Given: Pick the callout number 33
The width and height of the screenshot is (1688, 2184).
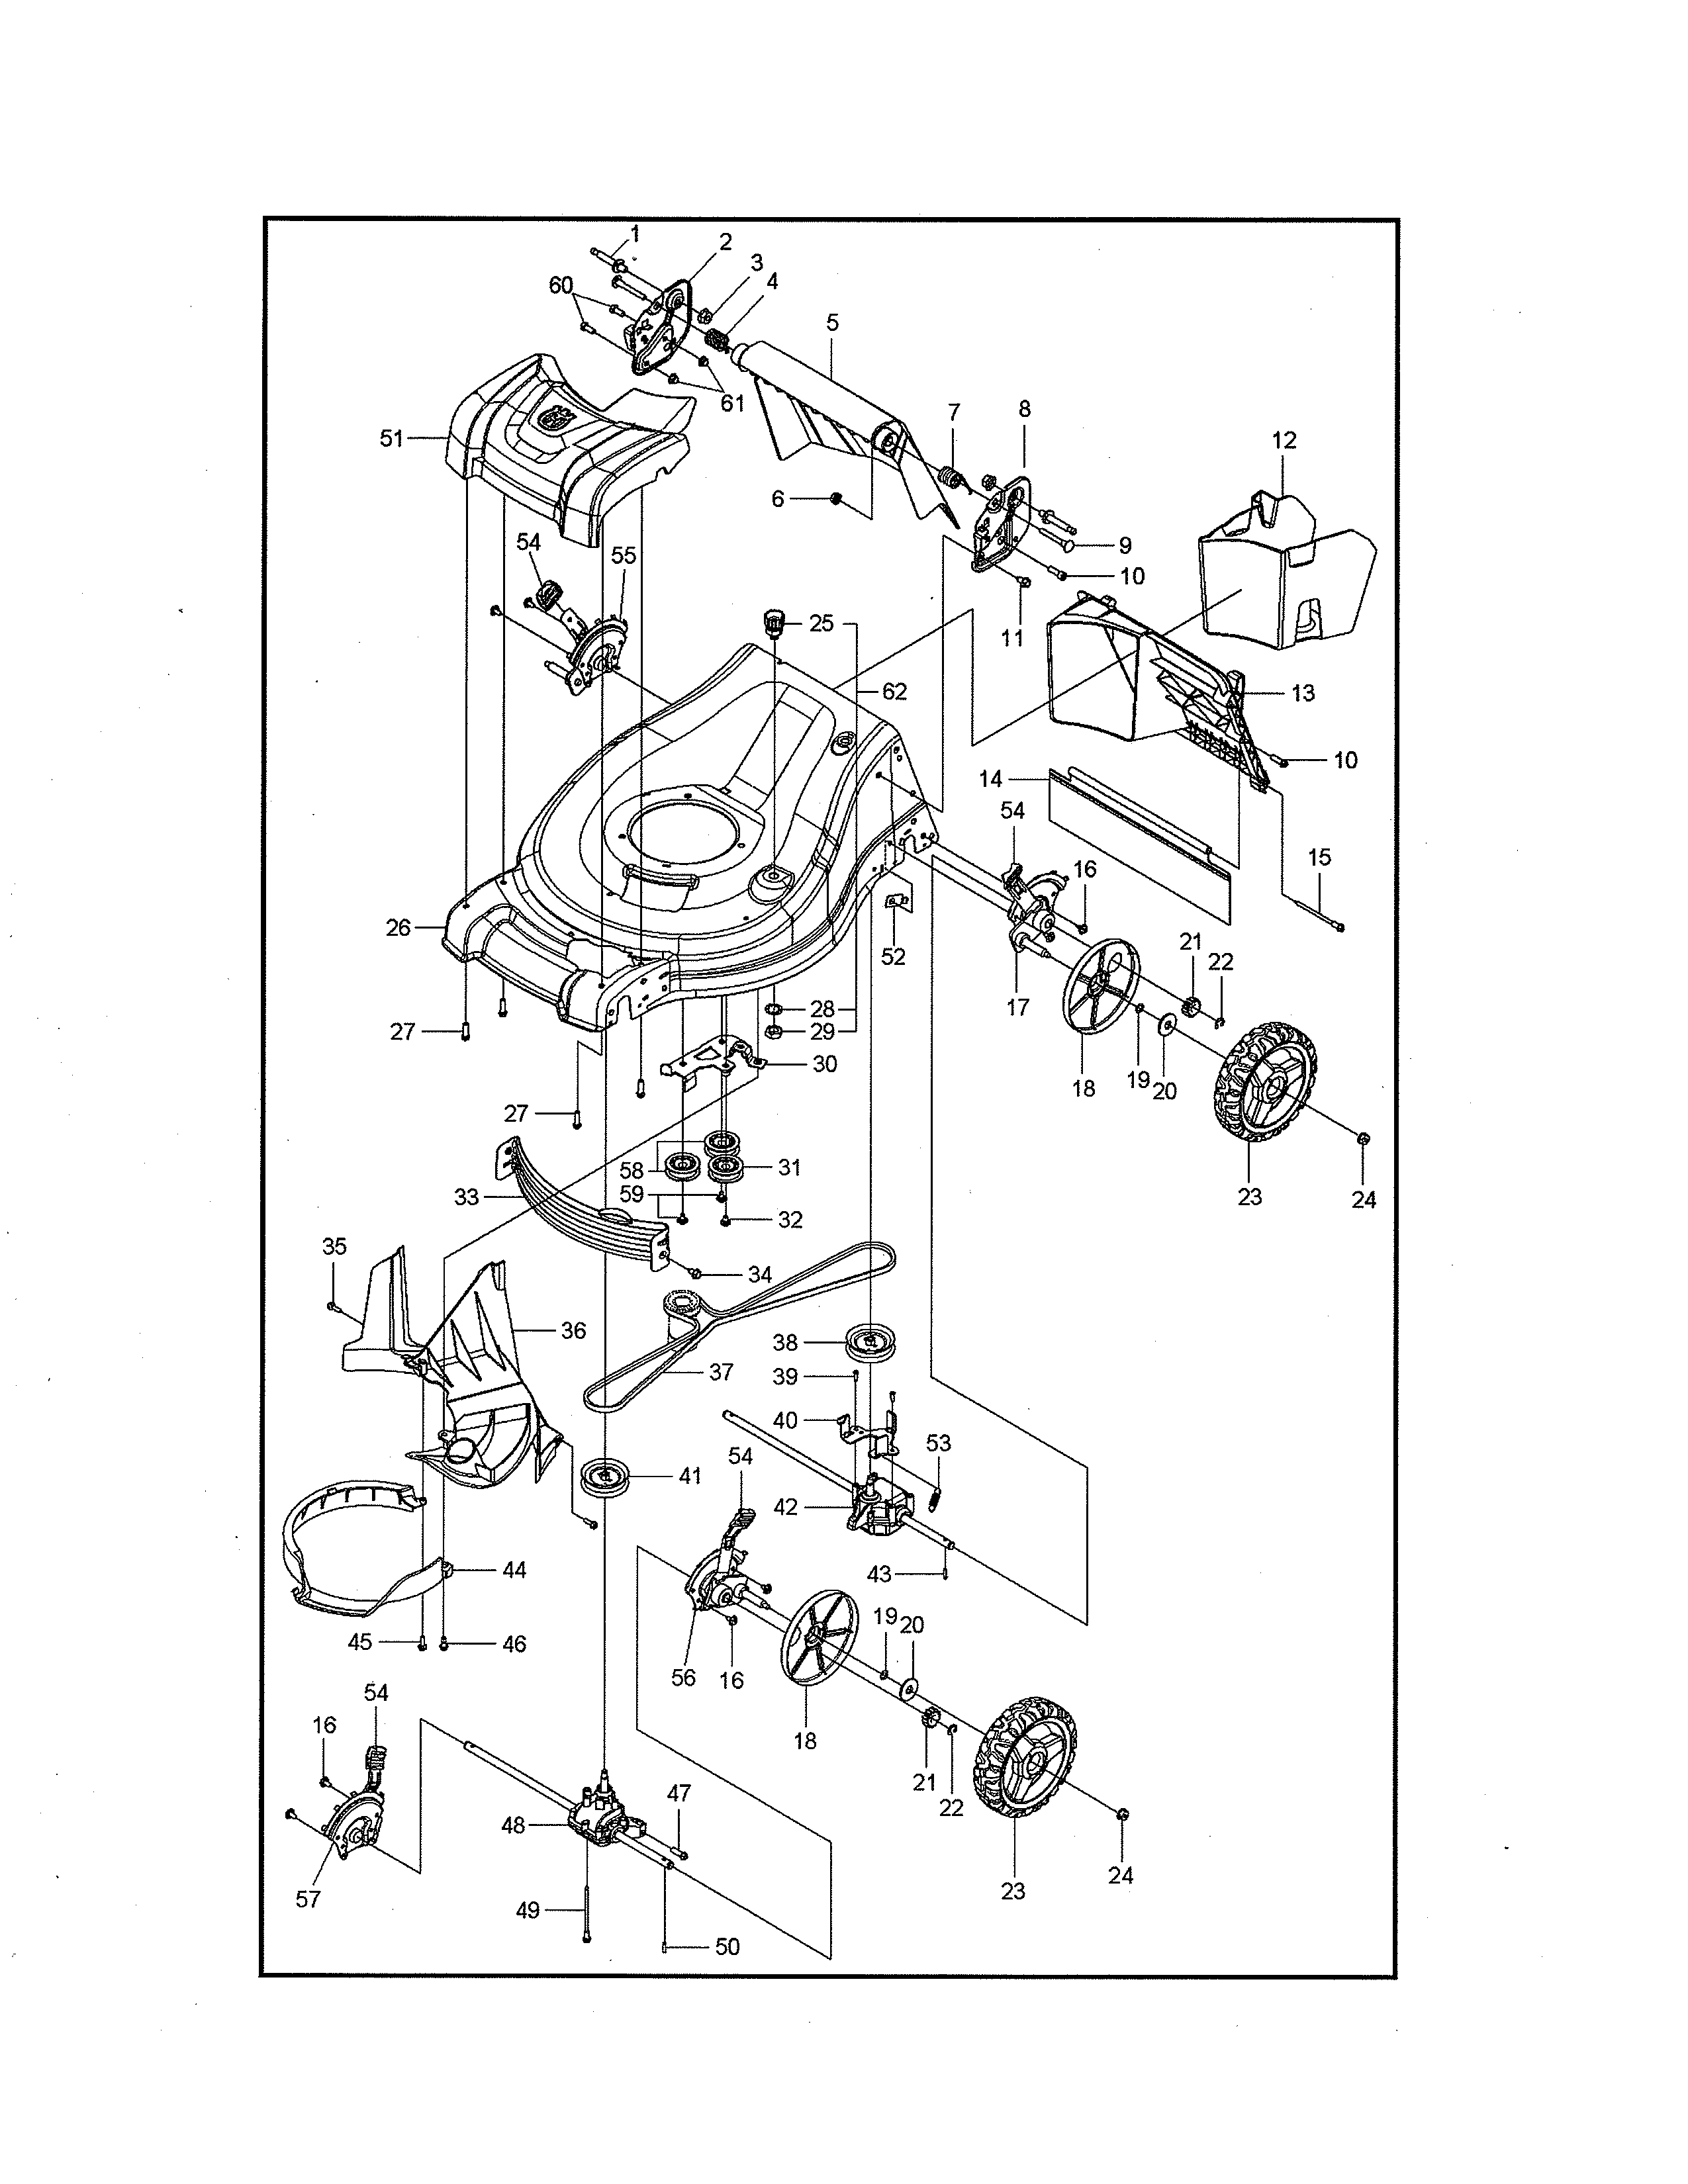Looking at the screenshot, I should (x=466, y=1197).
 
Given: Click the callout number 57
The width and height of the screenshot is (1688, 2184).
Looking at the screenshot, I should (x=307, y=1899).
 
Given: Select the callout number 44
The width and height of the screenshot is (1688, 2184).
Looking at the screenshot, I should (x=513, y=1570).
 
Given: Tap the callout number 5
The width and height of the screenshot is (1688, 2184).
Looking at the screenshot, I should (x=832, y=323).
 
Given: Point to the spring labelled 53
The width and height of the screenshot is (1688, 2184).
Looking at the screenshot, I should (x=937, y=1497).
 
